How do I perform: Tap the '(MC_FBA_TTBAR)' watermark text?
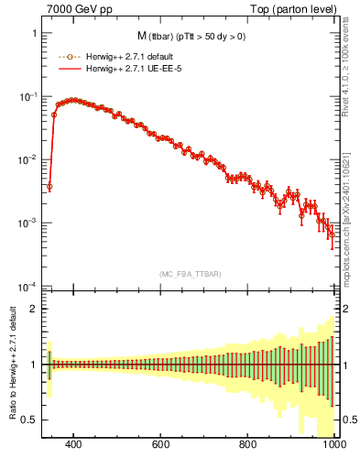pyautogui.click(x=189, y=274)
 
